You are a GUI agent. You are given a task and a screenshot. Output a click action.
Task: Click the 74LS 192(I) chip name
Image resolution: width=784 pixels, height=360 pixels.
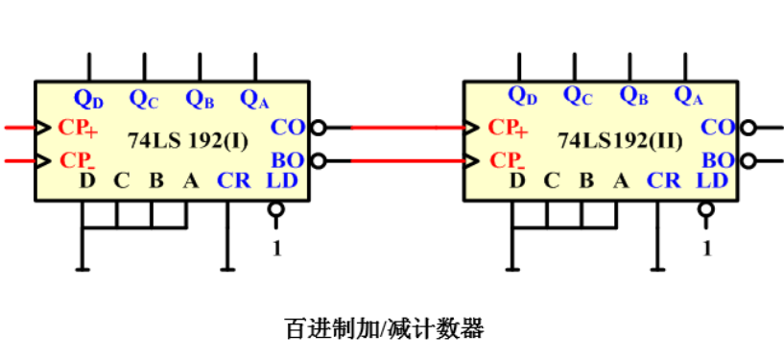pyautogui.click(x=188, y=142)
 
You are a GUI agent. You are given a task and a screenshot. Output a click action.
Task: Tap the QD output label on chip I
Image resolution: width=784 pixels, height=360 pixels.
pyautogui.click(x=88, y=97)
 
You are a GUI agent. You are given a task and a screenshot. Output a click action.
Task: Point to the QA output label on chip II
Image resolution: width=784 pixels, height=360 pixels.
pyautogui.click(x=688, y=95)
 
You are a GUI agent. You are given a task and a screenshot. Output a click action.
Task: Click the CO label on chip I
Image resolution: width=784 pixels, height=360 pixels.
pyautogui.click(x=287, y=127)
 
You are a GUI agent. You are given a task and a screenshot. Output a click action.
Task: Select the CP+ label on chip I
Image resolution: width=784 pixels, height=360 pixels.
pyautogui.click(x=77, y=127)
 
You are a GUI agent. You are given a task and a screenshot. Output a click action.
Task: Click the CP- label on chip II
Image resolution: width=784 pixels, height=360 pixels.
pyautogui.click(x=507, y=159)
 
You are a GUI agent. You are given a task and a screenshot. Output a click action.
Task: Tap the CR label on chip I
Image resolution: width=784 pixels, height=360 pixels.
pyautogui.click(x=233, y=180)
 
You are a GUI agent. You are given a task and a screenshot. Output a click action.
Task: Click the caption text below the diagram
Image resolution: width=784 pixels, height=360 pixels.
pyautogui.click(x=384, y=328)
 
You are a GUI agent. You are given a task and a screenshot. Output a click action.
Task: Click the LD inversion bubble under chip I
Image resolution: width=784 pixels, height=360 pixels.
pyautogui.click(x=276, y=209)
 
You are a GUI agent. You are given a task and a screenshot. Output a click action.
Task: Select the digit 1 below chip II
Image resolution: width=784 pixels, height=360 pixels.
pyautogui.click(x=707, y=248)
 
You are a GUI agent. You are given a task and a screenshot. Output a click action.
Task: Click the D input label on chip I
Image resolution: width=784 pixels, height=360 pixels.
pyautogui.click(x=87, y=180)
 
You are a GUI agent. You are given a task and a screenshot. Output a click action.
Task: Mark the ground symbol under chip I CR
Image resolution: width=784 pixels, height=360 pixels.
pyautogui.click(x=226, y=269)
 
